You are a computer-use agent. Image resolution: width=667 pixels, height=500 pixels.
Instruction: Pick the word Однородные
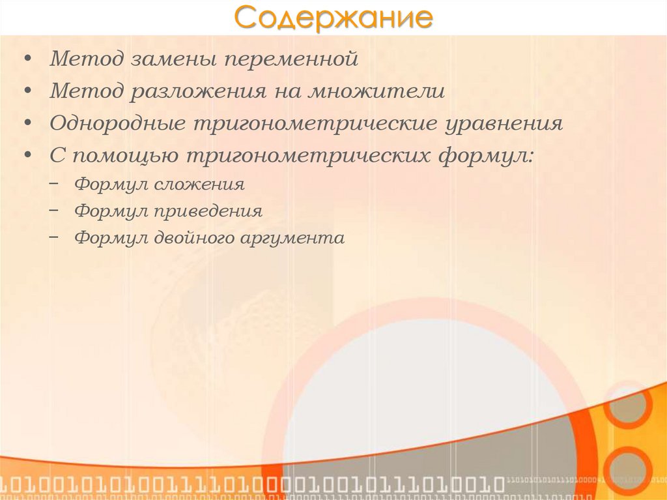118,124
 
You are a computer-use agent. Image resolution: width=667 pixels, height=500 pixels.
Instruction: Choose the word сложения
199,185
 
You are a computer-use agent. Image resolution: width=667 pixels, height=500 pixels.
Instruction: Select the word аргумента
294,239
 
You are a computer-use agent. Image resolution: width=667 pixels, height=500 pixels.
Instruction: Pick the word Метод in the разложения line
86,92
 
